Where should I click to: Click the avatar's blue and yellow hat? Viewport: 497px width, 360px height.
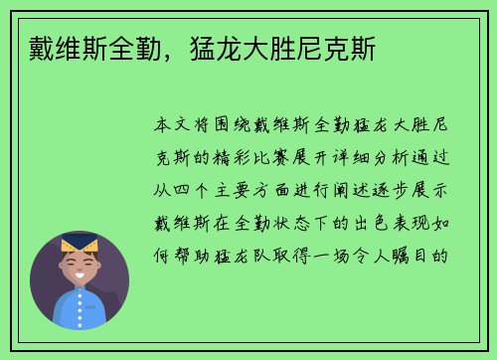click(x=79, y=243)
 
